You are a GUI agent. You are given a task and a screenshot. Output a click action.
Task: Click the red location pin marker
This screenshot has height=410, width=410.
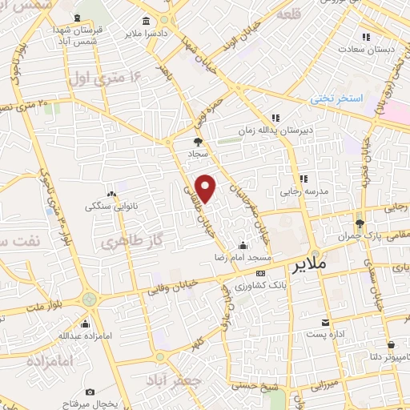click(x=207, y=188)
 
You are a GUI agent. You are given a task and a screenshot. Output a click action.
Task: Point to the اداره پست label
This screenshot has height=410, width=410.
click(x=328, y=334)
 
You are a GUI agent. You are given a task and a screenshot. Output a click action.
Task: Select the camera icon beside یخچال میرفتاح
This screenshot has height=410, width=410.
click(x=89, y=392)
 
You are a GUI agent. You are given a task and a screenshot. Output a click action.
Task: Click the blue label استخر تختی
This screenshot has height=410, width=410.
click(x=337, y=98)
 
